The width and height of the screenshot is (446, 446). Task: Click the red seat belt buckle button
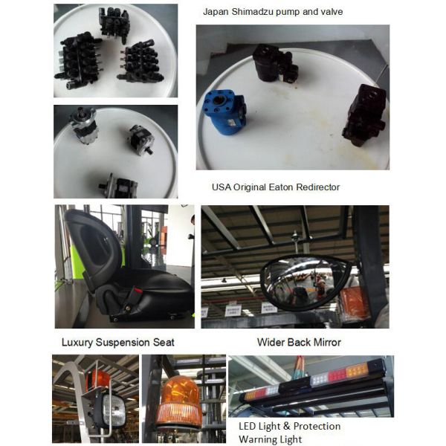tap(138, 291)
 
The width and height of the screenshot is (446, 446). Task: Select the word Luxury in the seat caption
tap(77, 342)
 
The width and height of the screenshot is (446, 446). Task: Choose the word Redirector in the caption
tap(318, 187)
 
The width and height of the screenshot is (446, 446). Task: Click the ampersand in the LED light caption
tap(287, 426)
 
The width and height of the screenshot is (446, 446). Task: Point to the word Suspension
tap(123, 342)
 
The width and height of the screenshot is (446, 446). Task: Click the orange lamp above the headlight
tap(97, 379)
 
